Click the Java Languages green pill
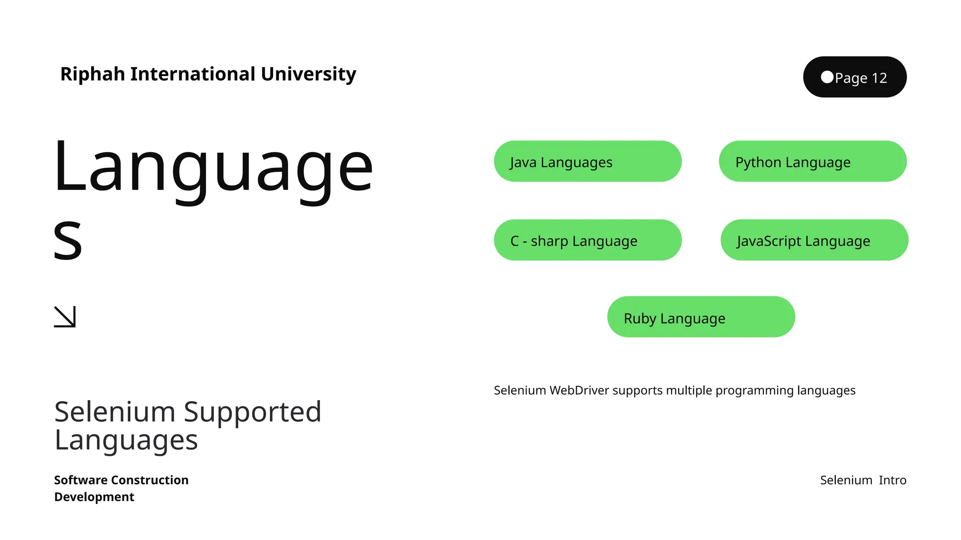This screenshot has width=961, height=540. (587, 161)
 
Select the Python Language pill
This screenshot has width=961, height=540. (812, 161)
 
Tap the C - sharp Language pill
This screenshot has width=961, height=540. (587, 240)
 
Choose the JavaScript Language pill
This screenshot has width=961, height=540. (814, 240)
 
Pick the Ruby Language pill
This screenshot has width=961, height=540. (701, 317)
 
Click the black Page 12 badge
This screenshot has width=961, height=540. (854, 77)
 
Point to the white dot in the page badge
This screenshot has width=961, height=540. (827, 77)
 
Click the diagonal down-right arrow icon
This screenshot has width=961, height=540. (65, 317)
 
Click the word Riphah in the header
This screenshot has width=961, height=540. (93, 74)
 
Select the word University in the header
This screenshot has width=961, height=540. (308, 74)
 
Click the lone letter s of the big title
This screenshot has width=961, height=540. (68, 240)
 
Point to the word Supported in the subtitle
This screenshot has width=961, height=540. (252, 412)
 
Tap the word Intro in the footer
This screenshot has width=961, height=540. (892, 480)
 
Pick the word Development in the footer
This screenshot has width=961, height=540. (94, 497)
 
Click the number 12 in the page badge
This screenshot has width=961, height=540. (879, 78)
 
